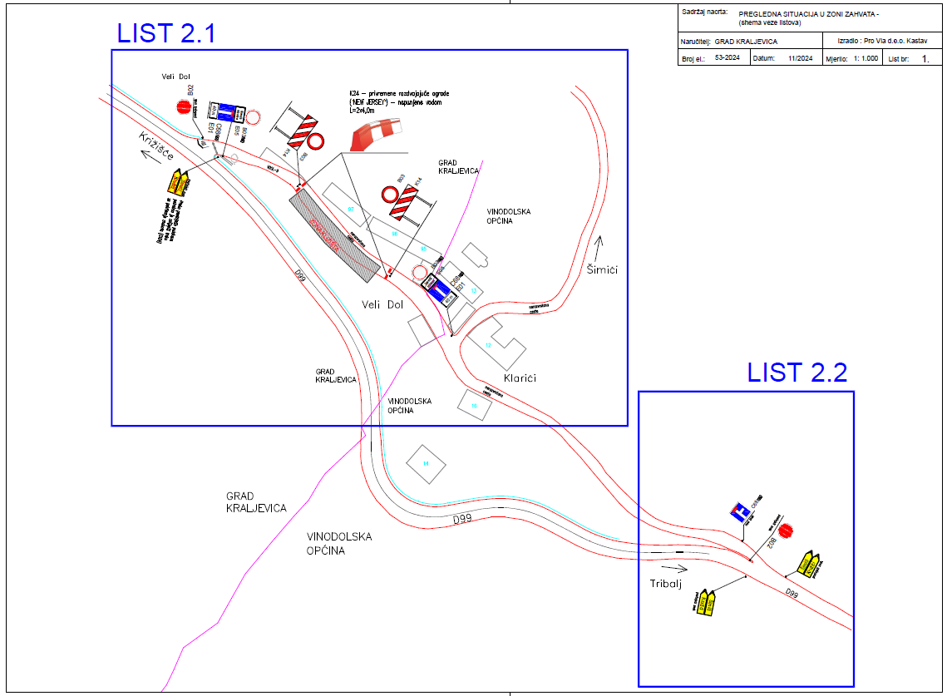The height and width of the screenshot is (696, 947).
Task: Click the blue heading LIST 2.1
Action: click(166, 33)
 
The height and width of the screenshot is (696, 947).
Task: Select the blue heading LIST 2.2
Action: click(797, 373)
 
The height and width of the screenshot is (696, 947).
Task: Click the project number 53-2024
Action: click(728, 59)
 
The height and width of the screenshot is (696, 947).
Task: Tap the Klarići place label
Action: click(520, 378)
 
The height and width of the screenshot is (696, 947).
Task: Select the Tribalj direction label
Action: click(665, 585)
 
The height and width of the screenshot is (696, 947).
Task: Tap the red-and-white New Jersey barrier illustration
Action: click(377, 134)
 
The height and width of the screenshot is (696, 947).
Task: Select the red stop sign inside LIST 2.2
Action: click(786, 530)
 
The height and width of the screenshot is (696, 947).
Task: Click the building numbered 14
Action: click(425, 462)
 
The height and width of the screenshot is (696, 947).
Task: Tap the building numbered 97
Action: click(351, 209)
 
